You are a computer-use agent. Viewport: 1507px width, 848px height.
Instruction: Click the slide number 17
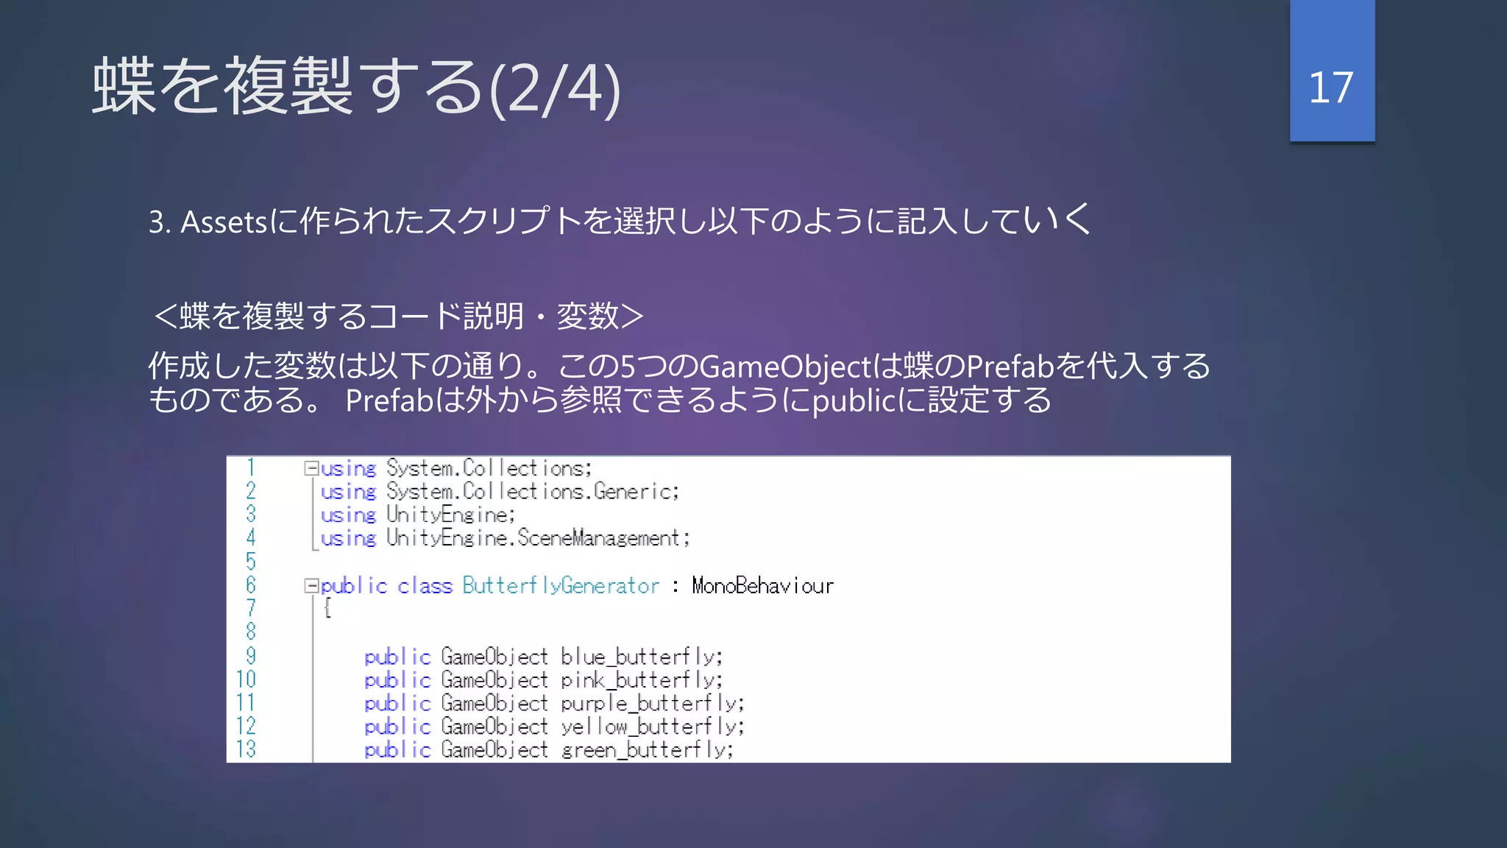tap(1330, 88)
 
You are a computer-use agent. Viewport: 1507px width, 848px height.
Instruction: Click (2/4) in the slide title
tap(555, 89)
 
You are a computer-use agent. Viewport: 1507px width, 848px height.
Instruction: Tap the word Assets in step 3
tap(224, 222)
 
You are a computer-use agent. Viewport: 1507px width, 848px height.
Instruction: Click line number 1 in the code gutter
tap(251, 467)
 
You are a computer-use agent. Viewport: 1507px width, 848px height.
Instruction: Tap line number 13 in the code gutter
tap(247, 749)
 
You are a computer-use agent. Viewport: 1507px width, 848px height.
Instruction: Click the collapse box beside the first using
tap(311, 468)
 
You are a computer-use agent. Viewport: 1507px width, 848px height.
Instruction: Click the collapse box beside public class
tap(311, 586)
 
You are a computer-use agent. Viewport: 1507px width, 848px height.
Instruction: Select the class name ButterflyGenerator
tap(561, 586)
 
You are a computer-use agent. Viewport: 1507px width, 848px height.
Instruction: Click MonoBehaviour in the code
tap(762, 586)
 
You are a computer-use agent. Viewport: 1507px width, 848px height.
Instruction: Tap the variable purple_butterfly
tap(651, 704)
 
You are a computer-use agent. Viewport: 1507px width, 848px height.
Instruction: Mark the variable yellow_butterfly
tap(651, 727)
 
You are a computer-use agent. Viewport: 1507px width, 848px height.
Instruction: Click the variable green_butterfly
tap(646, 750)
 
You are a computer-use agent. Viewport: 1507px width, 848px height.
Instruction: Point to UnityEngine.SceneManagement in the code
tap(537, 539)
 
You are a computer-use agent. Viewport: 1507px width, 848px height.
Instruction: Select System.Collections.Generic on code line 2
tap(532, 492)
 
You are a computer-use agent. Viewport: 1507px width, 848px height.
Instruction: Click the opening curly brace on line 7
tap(327, 609)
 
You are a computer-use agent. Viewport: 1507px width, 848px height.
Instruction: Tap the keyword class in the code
tap(425, 586)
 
